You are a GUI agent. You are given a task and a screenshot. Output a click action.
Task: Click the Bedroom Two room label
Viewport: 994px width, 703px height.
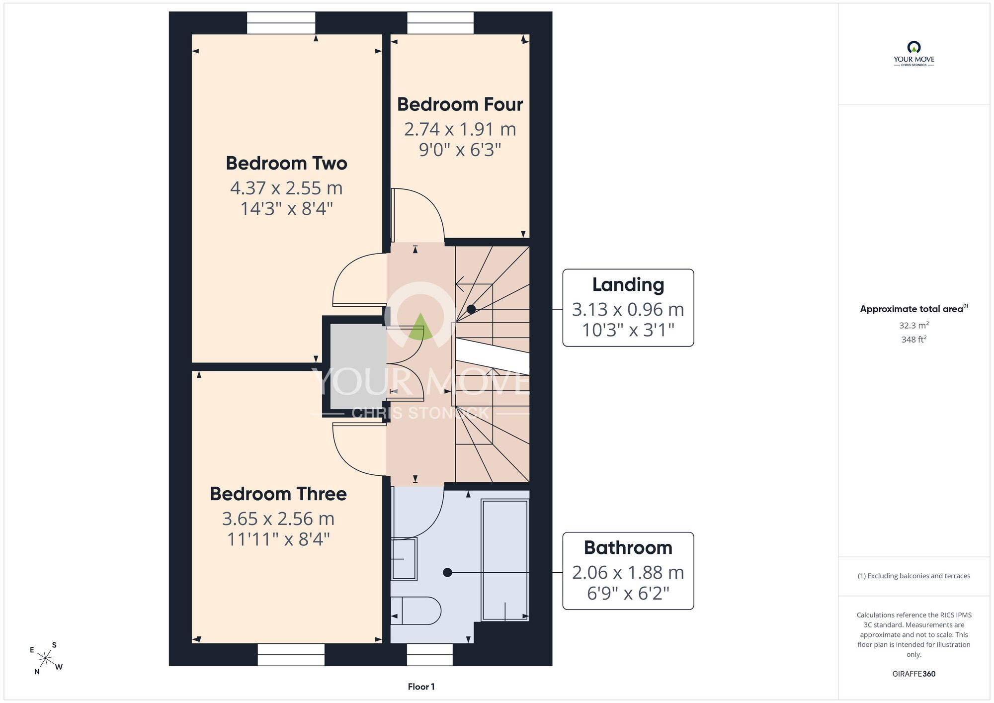[x=286, y=163]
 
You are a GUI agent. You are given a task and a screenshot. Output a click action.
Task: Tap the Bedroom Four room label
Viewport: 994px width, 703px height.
[x=460, y=104]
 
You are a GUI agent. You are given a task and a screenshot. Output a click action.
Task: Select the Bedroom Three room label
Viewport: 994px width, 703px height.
[x=278, y=494]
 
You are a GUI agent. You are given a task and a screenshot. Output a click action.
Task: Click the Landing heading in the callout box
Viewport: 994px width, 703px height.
[x=628, y=285]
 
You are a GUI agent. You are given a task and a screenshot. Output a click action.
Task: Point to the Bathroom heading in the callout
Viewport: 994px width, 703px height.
[x=628, y=547]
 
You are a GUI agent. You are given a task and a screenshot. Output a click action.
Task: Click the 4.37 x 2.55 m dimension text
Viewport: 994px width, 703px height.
[x=286, y=188]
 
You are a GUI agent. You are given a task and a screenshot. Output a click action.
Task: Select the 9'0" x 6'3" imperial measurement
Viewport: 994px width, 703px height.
[x=460, y=150]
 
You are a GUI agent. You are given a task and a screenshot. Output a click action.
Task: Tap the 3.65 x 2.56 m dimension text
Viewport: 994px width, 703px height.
[x=278, y=519]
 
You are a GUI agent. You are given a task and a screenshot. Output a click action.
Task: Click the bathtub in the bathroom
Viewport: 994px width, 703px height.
[x=505, y=560]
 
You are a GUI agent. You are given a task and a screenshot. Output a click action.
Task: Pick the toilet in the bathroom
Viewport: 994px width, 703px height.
[x=415, y=611]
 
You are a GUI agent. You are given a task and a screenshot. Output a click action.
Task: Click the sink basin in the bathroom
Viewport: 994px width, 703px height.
[x=404, y=559]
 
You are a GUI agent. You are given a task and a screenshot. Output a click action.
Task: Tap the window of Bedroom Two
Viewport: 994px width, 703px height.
[x=281, y=23]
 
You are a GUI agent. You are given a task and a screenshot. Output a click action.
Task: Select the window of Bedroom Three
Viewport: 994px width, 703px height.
[x=291, y=655]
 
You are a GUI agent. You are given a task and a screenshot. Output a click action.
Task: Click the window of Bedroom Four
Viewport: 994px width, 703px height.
[x=440, y=23]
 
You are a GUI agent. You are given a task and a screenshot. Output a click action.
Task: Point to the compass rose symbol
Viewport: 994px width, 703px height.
[x=46, y=659]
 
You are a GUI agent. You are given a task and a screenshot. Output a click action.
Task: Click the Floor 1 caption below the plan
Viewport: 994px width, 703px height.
[x=421, y=687]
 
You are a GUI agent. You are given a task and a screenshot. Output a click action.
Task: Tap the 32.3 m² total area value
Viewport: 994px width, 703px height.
[x=913, y=325]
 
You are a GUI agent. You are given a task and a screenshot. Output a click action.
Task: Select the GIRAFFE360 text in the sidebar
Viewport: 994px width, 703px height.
[x=913, y=674]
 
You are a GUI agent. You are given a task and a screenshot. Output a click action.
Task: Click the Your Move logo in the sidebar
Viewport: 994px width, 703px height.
[x=913, y=54]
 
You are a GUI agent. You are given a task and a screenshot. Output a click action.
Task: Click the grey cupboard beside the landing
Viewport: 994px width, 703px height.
[x=357, y=366]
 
